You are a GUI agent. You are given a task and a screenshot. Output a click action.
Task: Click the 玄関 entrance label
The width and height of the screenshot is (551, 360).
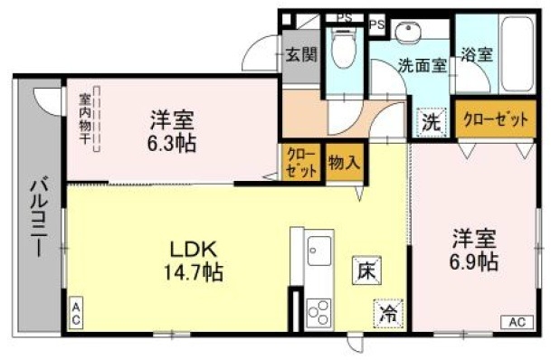click(x=301, y=54)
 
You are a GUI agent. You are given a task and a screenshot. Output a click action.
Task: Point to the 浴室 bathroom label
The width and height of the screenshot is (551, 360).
click(x=478, y=54)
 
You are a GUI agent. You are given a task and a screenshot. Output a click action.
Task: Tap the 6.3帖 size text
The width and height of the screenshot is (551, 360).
click(x=172, y=142)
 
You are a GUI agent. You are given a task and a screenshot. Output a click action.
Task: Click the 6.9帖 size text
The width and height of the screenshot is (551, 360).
click(x=474, y=261)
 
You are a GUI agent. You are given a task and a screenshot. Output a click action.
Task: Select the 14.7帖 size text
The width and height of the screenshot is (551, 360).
click(x=194, y=270)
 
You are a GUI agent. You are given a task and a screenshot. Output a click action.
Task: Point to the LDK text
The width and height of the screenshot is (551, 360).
click(x=193, y=248)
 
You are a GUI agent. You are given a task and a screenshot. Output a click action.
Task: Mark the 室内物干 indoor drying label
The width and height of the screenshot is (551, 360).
click(x=84, y=118)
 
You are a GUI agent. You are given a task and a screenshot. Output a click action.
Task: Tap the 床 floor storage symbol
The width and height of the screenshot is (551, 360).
click(x=366, y=270)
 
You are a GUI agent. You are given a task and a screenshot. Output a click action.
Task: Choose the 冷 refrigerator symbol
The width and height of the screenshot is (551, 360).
click(x=387, y=315)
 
